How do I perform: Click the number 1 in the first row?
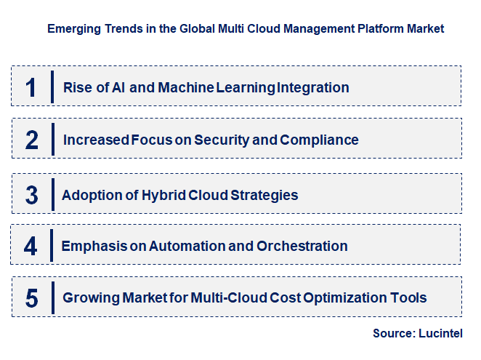[x=31, y=88]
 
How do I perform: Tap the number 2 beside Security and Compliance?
[x=31, y=140]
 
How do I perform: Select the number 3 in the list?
[x=31, y=195]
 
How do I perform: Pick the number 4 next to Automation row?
[x=31, y=247]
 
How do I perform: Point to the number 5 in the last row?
[x=31, y=297]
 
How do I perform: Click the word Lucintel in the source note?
[x=440, y=333]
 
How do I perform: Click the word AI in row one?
[x=120, y=88]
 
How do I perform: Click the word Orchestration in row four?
[x=302, y=247]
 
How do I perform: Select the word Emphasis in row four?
[x=92, y=247]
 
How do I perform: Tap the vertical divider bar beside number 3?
[x=52, y=194]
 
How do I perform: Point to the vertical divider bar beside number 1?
[x=52, y=87]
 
